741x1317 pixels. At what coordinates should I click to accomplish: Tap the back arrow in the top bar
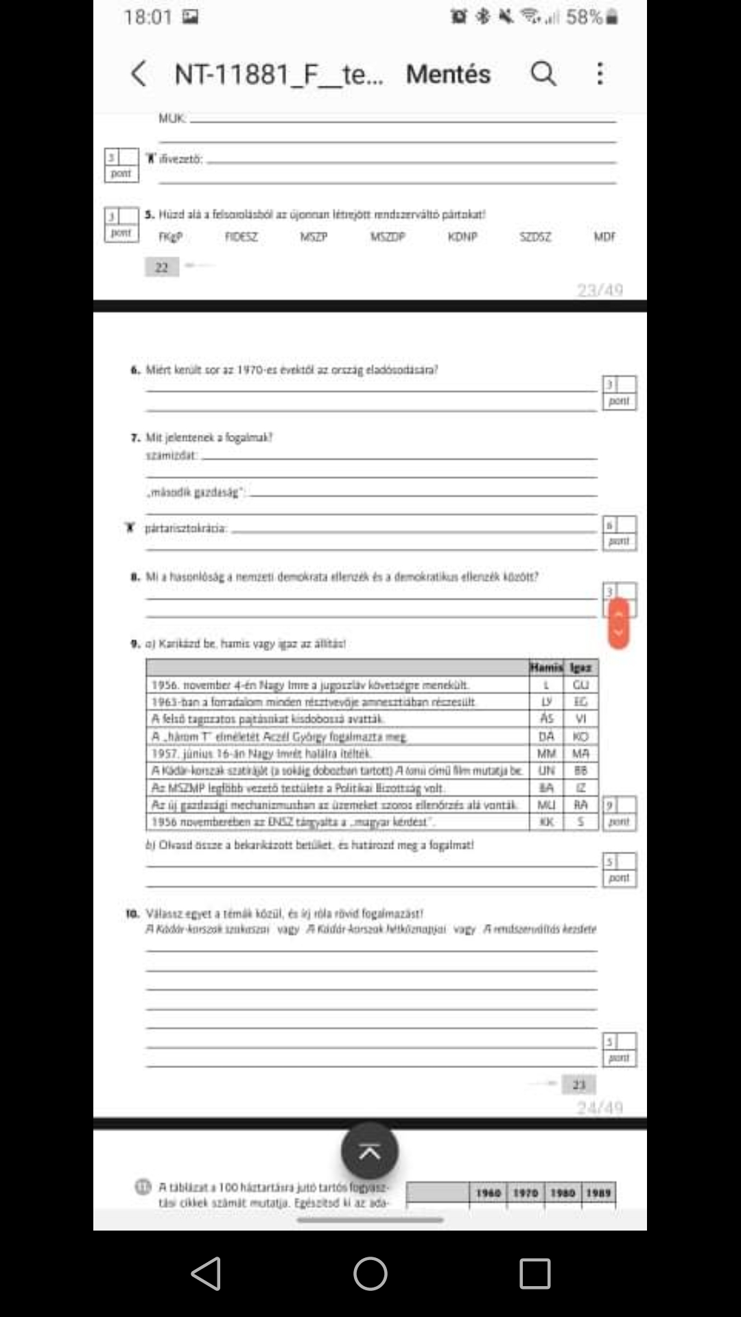point(139,74)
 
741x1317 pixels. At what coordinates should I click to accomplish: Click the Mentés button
point(448,74)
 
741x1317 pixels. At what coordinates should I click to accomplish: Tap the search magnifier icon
point(543,73)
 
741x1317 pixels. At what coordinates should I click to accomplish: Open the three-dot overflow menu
point(600,73)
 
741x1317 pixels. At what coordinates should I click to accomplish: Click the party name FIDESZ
point(242,237)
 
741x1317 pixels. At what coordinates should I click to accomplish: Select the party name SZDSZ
point(535,237)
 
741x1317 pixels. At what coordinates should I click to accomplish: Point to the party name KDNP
point(462,237)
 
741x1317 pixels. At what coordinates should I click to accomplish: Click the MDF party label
point(604,237)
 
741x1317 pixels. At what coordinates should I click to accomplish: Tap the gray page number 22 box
point(162,268)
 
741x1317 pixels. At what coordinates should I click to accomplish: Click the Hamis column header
point(546,667)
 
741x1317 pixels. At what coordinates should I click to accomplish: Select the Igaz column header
point(580,667)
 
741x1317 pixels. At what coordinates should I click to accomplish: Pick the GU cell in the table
point(580,685)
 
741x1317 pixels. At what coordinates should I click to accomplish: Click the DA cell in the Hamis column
point(546,737)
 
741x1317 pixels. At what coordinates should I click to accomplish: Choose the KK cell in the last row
point(546,822)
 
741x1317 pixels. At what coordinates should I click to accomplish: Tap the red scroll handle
point(618,623)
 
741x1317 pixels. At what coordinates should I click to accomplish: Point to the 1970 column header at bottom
point(526,1193)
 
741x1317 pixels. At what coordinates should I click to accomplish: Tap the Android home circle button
point(370,1274)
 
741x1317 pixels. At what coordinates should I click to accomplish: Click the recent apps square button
point(534,1274)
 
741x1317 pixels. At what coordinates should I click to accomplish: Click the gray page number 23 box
point(579,1084)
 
